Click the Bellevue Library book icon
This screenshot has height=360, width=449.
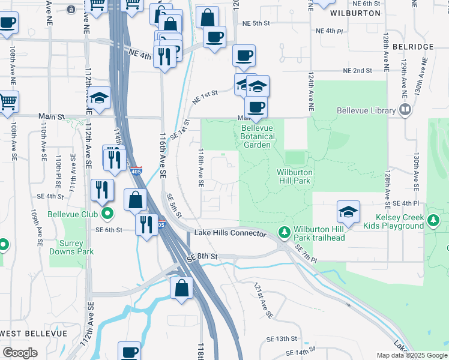[x=405, y=110]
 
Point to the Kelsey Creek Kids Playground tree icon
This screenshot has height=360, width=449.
[x=434, y=221]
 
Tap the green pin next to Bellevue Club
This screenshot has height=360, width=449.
[x=107, y=213]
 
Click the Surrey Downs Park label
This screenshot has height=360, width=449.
[x=76, y=248]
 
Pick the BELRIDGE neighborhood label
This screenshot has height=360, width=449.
[x=412, y=46]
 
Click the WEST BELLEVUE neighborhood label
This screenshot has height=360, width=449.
[x=25, y=333]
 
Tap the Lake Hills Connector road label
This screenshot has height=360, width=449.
[x=229, y=233]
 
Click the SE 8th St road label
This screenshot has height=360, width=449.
[x=200, y=257]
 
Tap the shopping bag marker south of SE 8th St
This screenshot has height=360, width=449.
[x=181, y=288]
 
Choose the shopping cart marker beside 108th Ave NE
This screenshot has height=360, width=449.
[x=7, y=103]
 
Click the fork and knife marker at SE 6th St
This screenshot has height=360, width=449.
[x=146, y=225]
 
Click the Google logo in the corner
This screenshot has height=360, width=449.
[x=20, y=353]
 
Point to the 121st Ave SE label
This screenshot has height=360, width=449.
[x=263, y=300]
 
